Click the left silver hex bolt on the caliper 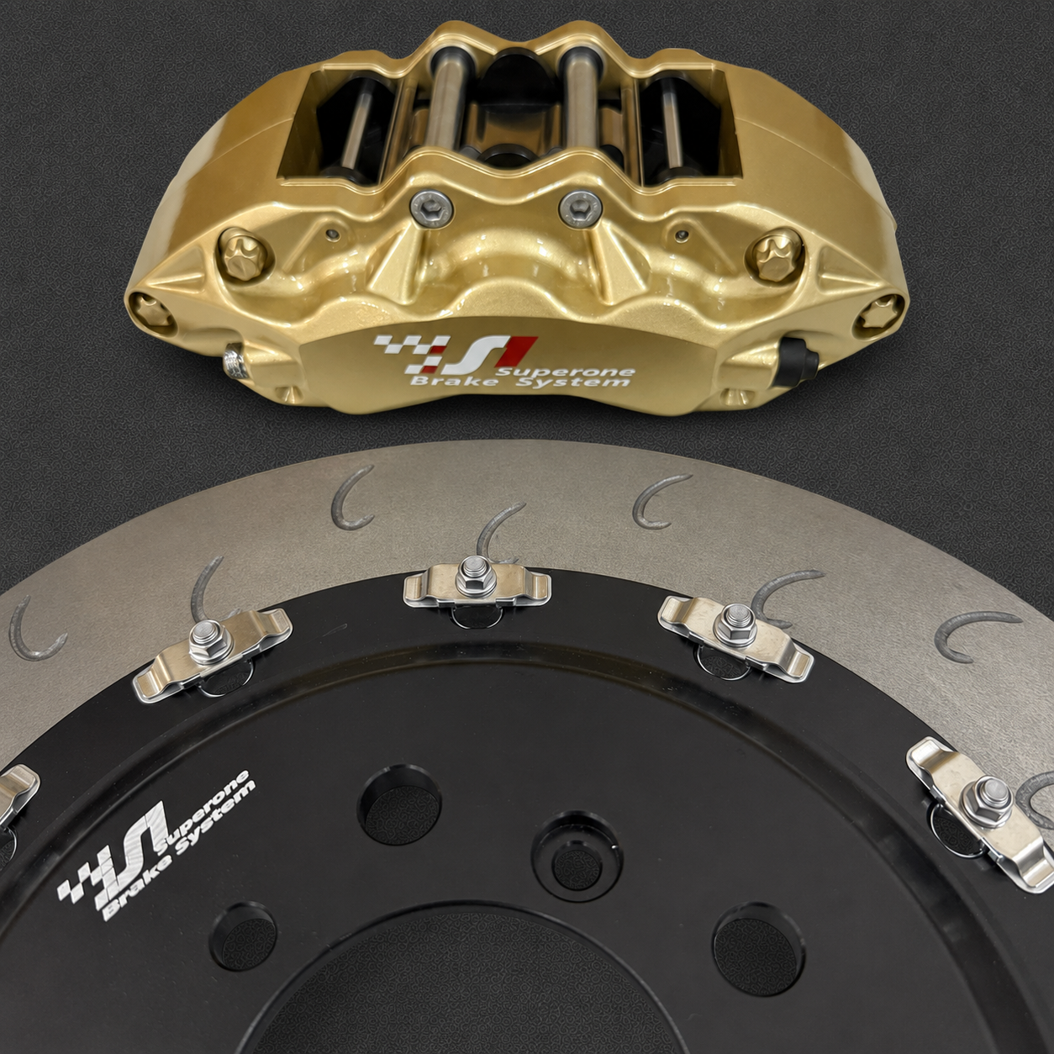[x=432, y=208]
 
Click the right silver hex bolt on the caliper [x=581, y=208]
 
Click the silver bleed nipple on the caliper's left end [x=235, y=361]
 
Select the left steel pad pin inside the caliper [x=447, y=105]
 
